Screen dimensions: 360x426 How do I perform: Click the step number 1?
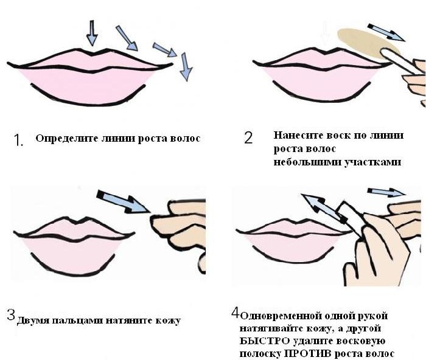[x=18, y=140]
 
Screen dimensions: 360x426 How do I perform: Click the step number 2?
[x=248, y=137]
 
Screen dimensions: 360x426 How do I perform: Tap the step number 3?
[x=10, y=315]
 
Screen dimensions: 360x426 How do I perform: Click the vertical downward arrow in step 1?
[x=92, y=33]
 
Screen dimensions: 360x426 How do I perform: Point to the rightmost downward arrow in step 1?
[x=186, y=66]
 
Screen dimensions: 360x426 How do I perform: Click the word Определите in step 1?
[x=62, y=139]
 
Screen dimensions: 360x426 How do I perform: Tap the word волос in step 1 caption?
[x=186, y=139]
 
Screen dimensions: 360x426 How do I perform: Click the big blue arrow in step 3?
[x=124, y=201]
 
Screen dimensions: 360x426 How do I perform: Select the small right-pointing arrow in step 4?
[x=385, y=193]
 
